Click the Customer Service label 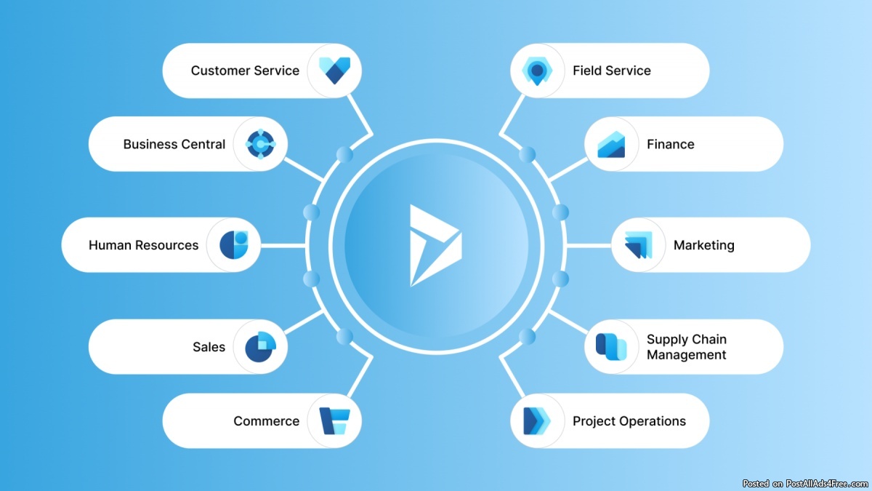[245, 71]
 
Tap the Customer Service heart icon [334, 71]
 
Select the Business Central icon [260, 144]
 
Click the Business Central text [174, 144]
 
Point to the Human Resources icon [233, 245]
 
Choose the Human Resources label [143, 245]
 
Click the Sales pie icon [260, 347]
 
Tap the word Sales [209, 347]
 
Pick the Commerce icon [334, 420]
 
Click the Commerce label [266, 421]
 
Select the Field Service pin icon [538, 71]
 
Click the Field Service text [611, 71]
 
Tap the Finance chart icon [611, 144]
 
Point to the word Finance [670, 144]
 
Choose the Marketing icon [638, 245]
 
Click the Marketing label [703, 245]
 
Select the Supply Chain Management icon [611, 347]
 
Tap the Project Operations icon [538, 420]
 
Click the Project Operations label [629, 421]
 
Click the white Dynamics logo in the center [434, 245]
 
